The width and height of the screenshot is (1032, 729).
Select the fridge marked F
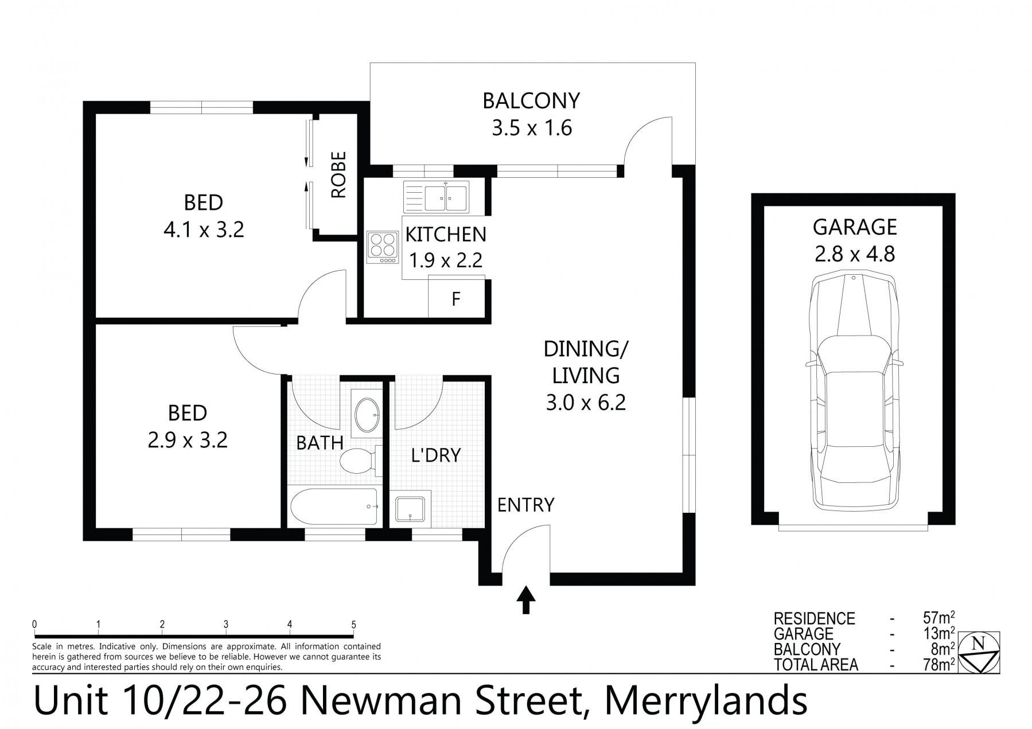click(456, 299)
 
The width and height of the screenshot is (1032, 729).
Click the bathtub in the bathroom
click(334, 506)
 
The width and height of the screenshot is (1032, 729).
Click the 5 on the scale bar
click(353, 625)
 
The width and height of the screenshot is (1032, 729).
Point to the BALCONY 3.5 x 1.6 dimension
click(532, 128)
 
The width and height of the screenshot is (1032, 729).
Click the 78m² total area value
click(938, 665)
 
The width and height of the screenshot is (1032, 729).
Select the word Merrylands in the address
click(707, 701)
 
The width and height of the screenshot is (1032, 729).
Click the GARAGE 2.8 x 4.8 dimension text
click(855, 254)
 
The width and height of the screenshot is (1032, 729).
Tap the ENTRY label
click(525, 505)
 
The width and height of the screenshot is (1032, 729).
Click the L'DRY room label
click(436, 455)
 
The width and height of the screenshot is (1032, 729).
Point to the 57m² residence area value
click(938, 618)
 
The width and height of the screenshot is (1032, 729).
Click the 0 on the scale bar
click(35, 625)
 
